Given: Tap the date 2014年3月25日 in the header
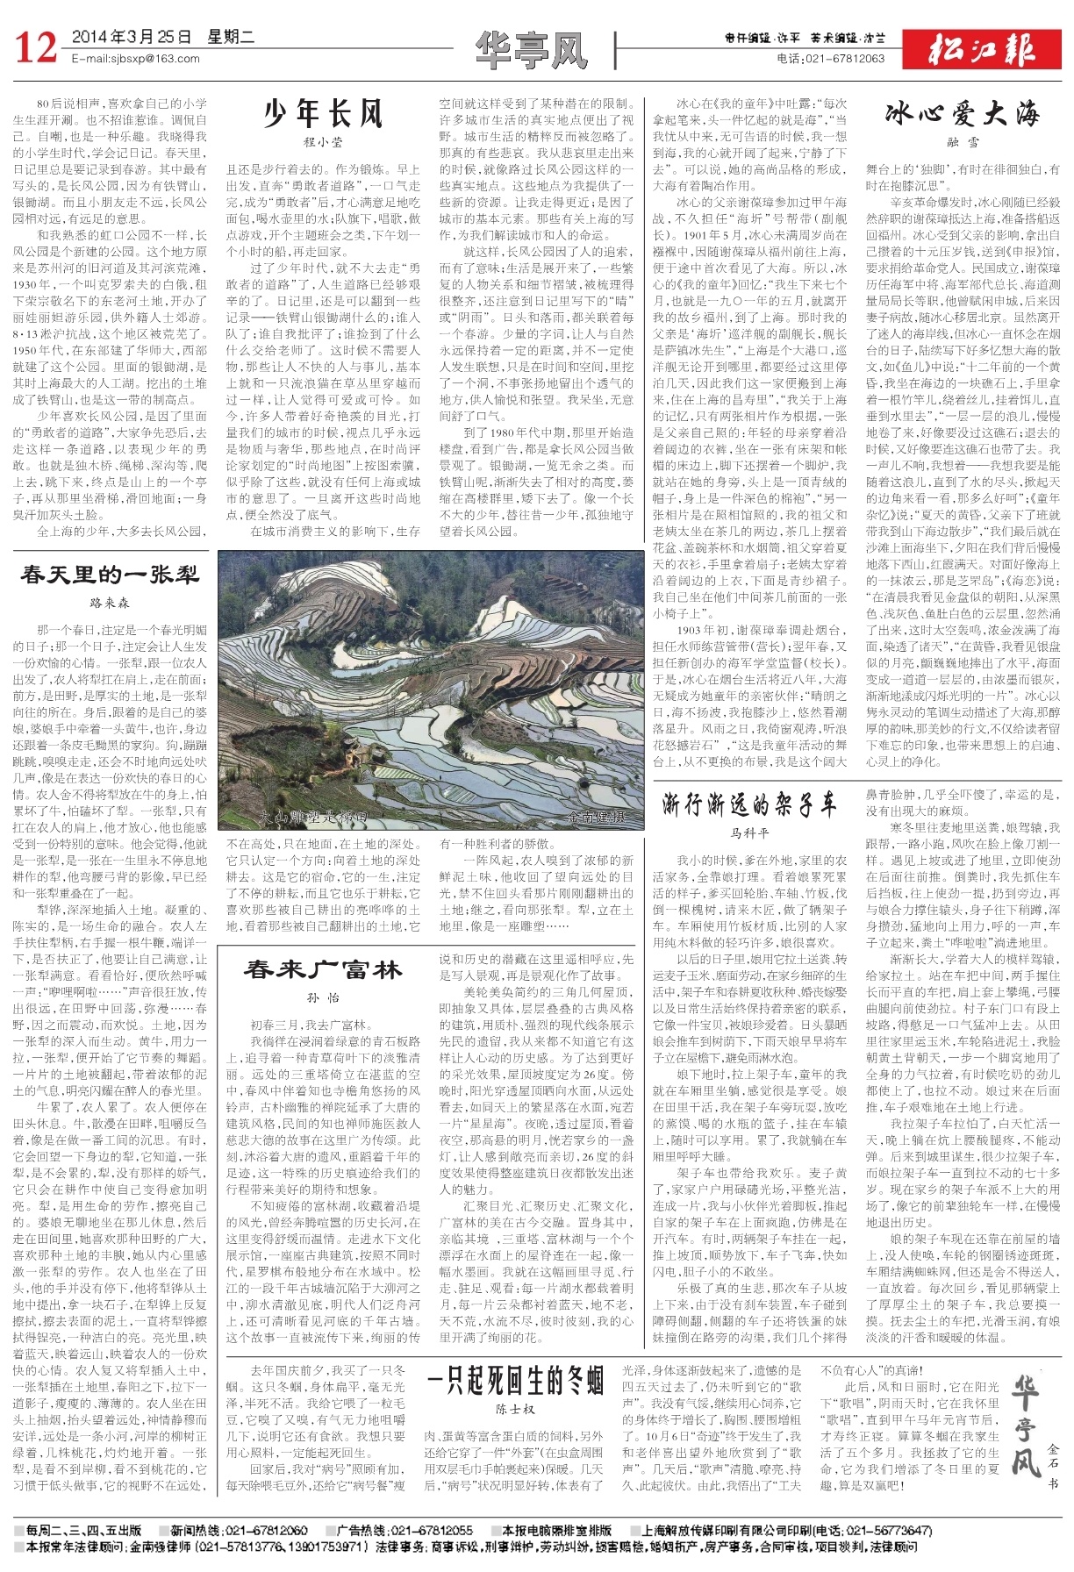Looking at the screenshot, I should point(132,38).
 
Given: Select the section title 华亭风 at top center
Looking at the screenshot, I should point(532,49).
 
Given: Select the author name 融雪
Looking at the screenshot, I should point(963,141).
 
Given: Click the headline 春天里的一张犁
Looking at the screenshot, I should point(111,575).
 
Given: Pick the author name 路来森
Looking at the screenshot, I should point(111,604).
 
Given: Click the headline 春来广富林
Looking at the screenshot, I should point(323,969).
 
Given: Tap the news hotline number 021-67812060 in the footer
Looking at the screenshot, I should point(267,1530).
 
